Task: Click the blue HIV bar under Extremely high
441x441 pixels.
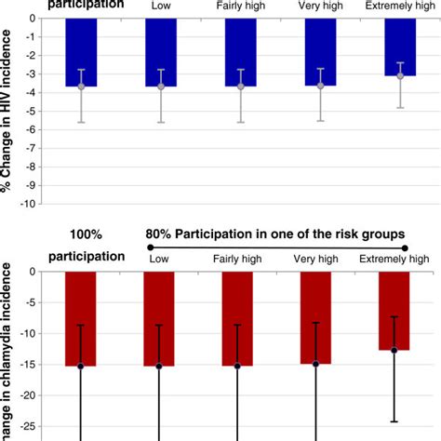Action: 400,47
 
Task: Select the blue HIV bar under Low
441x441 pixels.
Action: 160,52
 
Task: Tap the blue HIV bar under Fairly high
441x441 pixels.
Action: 241,52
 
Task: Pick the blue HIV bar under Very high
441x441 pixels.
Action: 321,52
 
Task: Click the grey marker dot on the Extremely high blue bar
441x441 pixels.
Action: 400,75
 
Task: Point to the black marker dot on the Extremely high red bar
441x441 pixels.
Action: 394,350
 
